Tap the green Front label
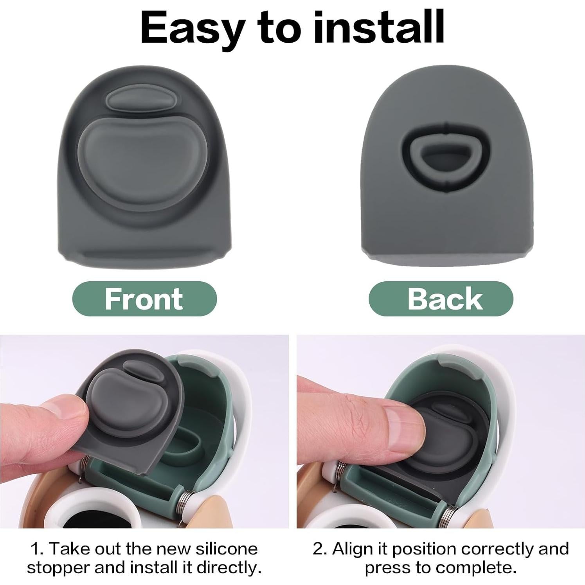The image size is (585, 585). point(144,299)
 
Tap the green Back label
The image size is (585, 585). point(441,299)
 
